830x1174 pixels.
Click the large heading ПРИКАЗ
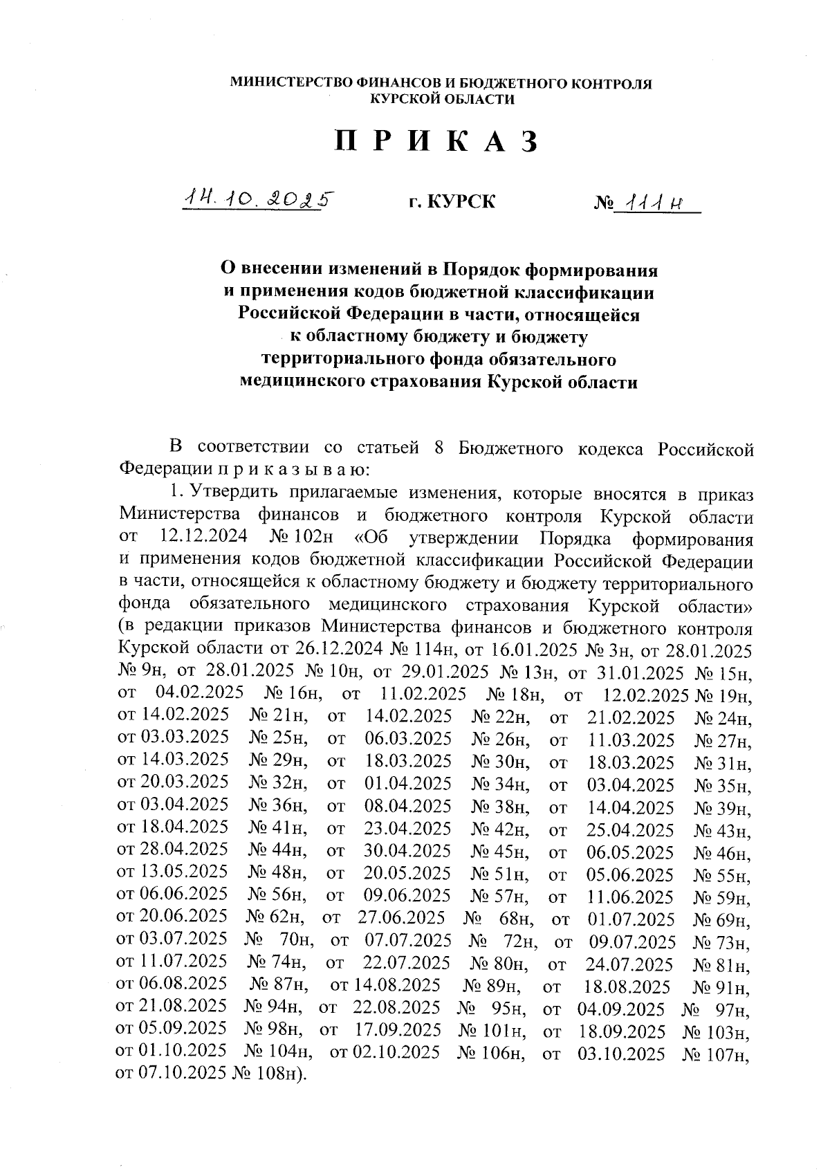436,142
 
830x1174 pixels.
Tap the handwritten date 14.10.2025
257,200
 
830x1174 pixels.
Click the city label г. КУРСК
452,203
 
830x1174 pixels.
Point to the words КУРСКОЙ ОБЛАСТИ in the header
442,100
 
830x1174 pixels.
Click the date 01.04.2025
408,784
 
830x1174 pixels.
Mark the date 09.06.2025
407,896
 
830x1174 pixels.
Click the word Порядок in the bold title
481,268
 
